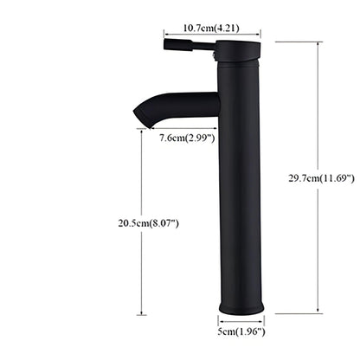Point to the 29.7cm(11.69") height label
(322, 178)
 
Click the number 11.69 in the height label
(335, 178)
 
